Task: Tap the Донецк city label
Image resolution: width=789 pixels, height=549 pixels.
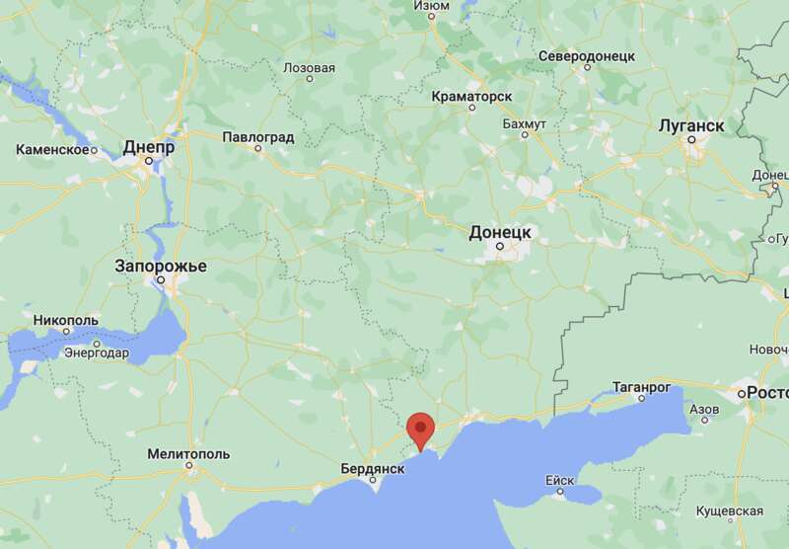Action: point(500,231)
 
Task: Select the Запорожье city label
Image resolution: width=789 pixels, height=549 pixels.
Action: point(161,266)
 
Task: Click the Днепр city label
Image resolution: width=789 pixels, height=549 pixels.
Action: point(149,147)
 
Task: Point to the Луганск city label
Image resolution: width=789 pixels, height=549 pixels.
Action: point(691,126)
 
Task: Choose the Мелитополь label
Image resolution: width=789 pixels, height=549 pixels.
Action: point(187,454)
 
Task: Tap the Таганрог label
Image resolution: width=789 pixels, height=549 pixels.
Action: point(641,386)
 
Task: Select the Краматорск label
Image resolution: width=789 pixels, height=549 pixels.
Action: point(471,96)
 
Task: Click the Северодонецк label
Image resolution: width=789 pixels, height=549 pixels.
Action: point(587,56)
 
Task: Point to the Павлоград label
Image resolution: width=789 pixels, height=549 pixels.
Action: point(258,136)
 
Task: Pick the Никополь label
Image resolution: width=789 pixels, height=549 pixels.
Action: point(66,321)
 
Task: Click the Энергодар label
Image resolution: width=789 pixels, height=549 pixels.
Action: point(97,353)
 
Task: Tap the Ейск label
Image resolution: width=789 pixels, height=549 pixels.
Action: point(559,480)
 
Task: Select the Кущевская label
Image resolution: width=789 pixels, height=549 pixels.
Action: point(729,510)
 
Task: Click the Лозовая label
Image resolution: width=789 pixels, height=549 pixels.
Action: point(309,68)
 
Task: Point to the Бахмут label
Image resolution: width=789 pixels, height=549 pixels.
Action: point(524,124)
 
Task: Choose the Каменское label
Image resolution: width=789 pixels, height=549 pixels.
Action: point(53,150)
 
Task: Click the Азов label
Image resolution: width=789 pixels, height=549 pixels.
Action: point(704,408)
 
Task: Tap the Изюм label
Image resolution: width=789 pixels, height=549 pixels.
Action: point(431,5)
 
